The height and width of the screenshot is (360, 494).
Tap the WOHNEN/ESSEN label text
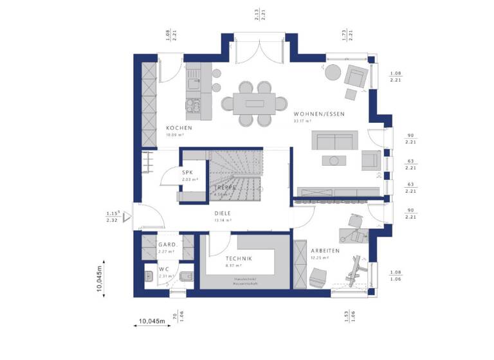[x=318, y=114]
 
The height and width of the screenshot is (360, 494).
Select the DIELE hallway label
[x=223, y=213]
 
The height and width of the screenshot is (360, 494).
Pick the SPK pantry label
[x=188, y=173]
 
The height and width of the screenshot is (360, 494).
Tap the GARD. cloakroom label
[x=167, y=245]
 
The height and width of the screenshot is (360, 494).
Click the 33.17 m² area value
[x=302, y=120]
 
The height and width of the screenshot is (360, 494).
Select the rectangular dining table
[x=248, y=102]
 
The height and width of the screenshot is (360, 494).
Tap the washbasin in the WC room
[x=147, y=278]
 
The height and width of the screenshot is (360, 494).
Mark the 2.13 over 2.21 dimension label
[x=260, y=14]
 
